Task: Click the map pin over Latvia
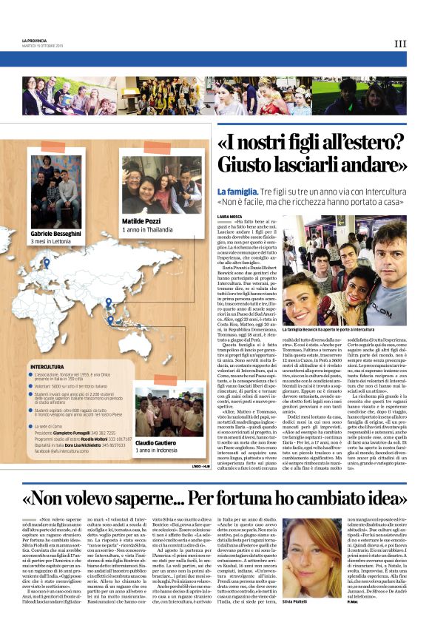coord(47,263)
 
